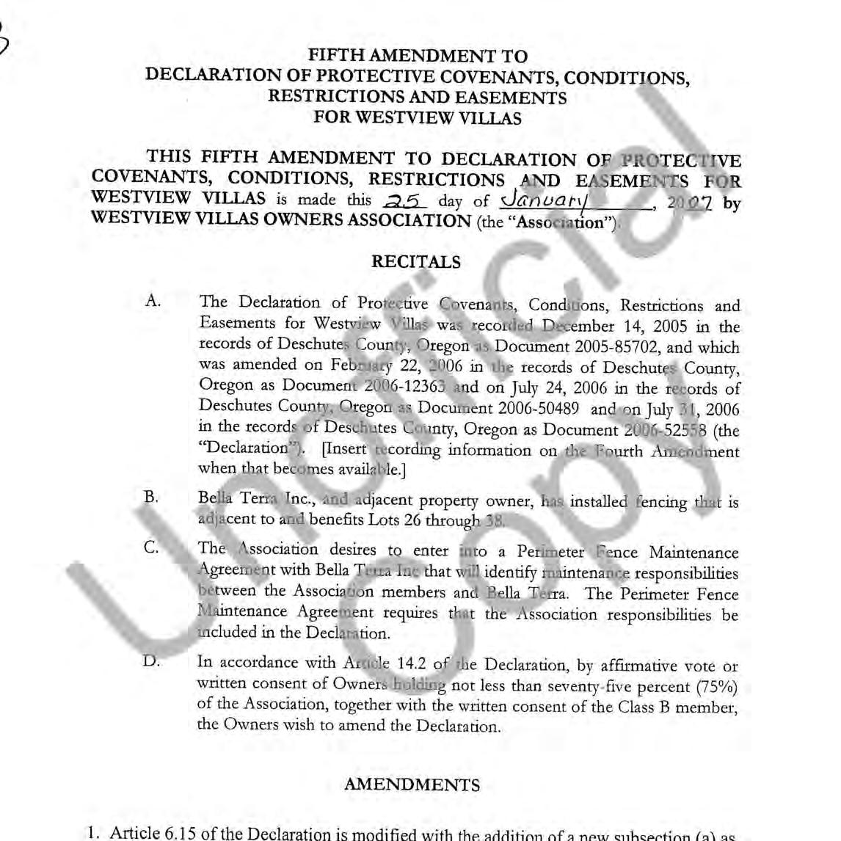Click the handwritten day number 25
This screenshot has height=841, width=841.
[x=402, y=200]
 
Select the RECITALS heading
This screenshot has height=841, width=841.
[x=416, y=262]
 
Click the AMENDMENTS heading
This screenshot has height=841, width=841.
[x=412, y=784]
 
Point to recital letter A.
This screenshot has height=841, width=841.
[x=153, y=301]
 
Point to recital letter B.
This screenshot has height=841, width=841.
[x=151, y=497]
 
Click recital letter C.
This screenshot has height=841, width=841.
[x=152, y=547]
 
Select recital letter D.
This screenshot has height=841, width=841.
[x=151, y=660]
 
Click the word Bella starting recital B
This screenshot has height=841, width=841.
[x=215, y=498]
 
